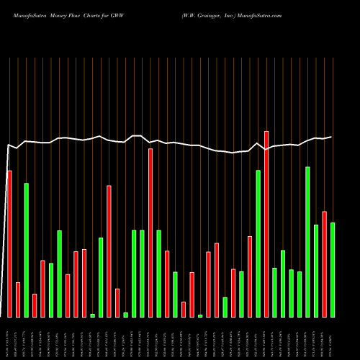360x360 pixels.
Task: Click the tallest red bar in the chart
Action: [266, 224]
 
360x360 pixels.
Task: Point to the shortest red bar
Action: [184, 309]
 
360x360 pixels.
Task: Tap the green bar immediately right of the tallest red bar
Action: [274, 292]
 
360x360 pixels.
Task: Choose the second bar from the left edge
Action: [17, 300]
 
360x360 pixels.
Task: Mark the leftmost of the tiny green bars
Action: [92, 315]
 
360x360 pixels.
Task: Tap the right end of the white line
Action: [332, 137]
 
